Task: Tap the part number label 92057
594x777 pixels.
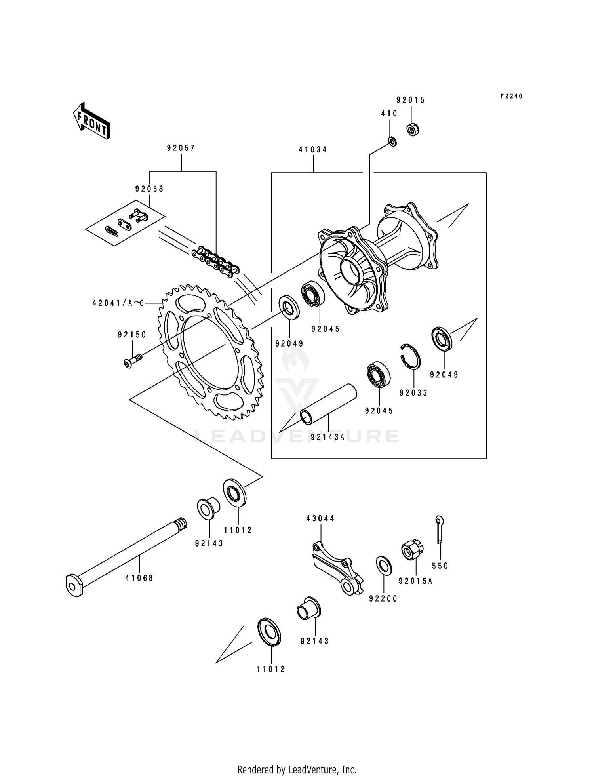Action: tap(181, 148)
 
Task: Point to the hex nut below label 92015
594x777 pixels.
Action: tap(413, 129)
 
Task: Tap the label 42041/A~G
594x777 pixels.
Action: tap(118, 303)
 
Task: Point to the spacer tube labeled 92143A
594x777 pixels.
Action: tap(328, 403)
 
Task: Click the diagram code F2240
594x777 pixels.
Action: tap(511, 96)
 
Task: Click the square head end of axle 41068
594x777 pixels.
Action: tap(74, 585)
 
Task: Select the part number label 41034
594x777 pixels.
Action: tap(313, 150)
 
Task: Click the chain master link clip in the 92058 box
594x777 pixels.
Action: tap(111, 230)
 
